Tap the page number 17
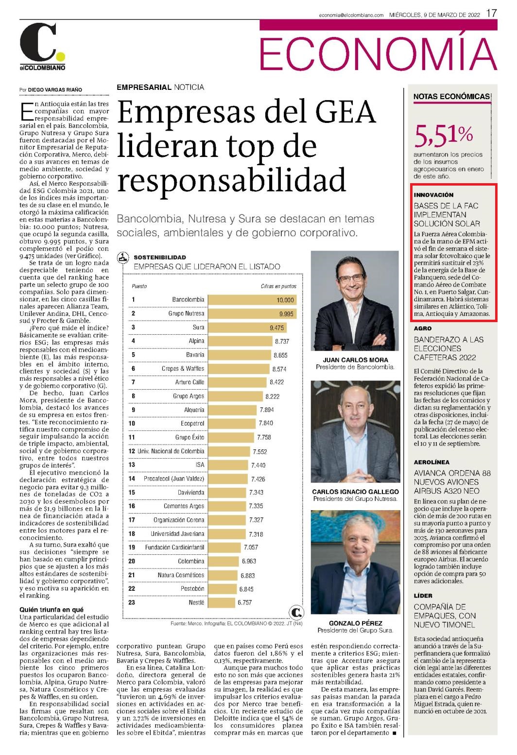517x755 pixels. (491, 13)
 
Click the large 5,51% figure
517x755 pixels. (444, 136)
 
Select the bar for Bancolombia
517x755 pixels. (253, 300)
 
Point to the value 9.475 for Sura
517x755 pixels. (276, 327)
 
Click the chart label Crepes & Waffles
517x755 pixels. (183, 368)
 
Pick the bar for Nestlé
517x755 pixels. (222, 602)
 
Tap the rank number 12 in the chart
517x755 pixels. (132, 451)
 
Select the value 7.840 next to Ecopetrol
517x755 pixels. (266, 423)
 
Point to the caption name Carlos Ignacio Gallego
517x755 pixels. (355, 492)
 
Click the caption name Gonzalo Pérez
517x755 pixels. (355, 623)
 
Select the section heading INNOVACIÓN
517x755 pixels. (434, 195)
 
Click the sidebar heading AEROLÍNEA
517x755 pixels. (432, 462)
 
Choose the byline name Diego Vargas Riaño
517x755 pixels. (55, 90)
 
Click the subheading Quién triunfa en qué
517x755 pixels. (51, 609)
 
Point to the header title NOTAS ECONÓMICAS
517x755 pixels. (451, 96)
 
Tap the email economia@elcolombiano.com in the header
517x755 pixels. (351, 15)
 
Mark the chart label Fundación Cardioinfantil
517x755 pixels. (174, 547)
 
